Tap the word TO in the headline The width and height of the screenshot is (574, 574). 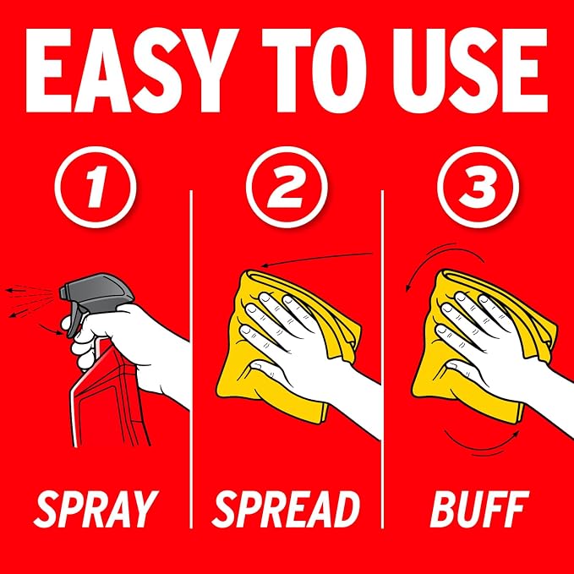pos(314,70)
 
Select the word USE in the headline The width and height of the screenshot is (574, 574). pos(470,70)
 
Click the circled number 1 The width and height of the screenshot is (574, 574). pos(96,187)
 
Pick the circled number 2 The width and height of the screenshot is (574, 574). pos(287,187)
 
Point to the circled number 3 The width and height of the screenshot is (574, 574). pos(478,187)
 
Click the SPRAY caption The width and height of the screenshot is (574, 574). pos(96,509)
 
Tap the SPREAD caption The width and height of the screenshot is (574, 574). pos(286,509)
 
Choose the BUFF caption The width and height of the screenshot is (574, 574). pos(479,509)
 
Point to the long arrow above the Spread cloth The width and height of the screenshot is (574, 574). pos(317,257)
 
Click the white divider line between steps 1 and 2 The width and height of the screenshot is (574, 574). pos(191,359)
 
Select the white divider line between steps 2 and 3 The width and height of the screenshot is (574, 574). pos(382,359)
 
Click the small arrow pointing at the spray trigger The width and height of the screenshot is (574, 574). pos(51,329)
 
